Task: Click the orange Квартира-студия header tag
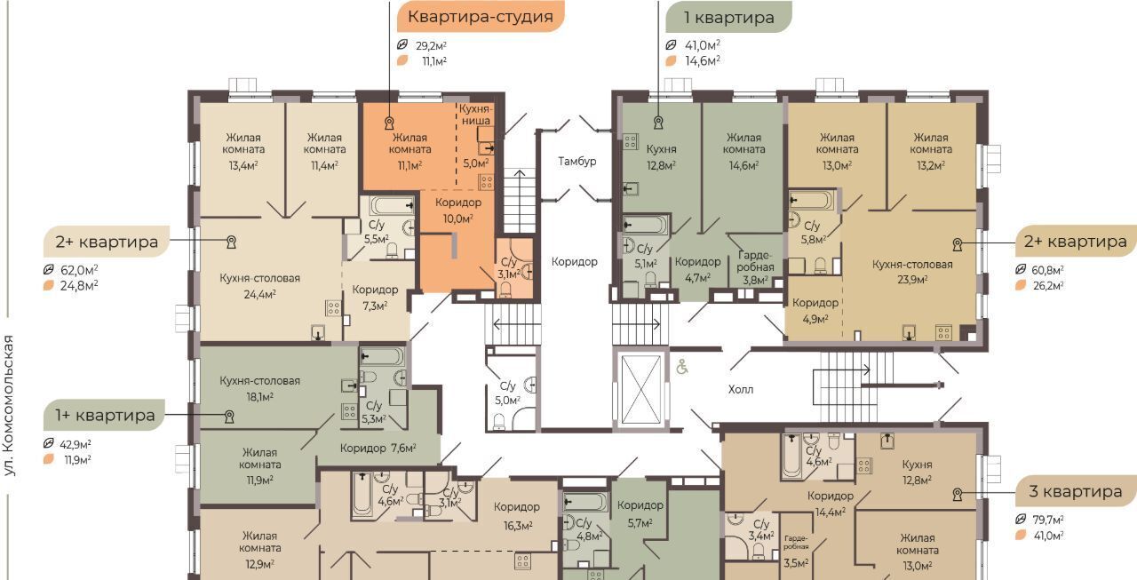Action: pos(481,17)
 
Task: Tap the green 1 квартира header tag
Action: pos(729,17)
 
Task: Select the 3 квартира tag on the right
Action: pos(1076,491)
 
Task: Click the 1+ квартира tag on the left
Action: pos(105,415)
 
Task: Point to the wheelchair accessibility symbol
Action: pos(682,366)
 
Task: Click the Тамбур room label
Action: pos(577,162)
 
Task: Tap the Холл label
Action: pos(741,390)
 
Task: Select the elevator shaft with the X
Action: pos(641,389)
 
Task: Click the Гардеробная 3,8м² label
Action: pos(755,267)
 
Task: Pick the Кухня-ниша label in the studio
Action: pos(475,115)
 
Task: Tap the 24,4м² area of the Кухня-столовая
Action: pos(259,294)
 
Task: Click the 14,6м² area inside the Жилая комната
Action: pos(743,165)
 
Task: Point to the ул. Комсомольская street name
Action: pos(9,405)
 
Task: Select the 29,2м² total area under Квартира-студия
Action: pos(431,45)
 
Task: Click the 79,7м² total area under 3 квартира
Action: pos(1048,520)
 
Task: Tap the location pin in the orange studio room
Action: pos(389,123)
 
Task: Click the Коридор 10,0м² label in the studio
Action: pos(458,211)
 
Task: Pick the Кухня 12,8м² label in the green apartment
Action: pos(662,157)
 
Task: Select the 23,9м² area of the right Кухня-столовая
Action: pos(912,280)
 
